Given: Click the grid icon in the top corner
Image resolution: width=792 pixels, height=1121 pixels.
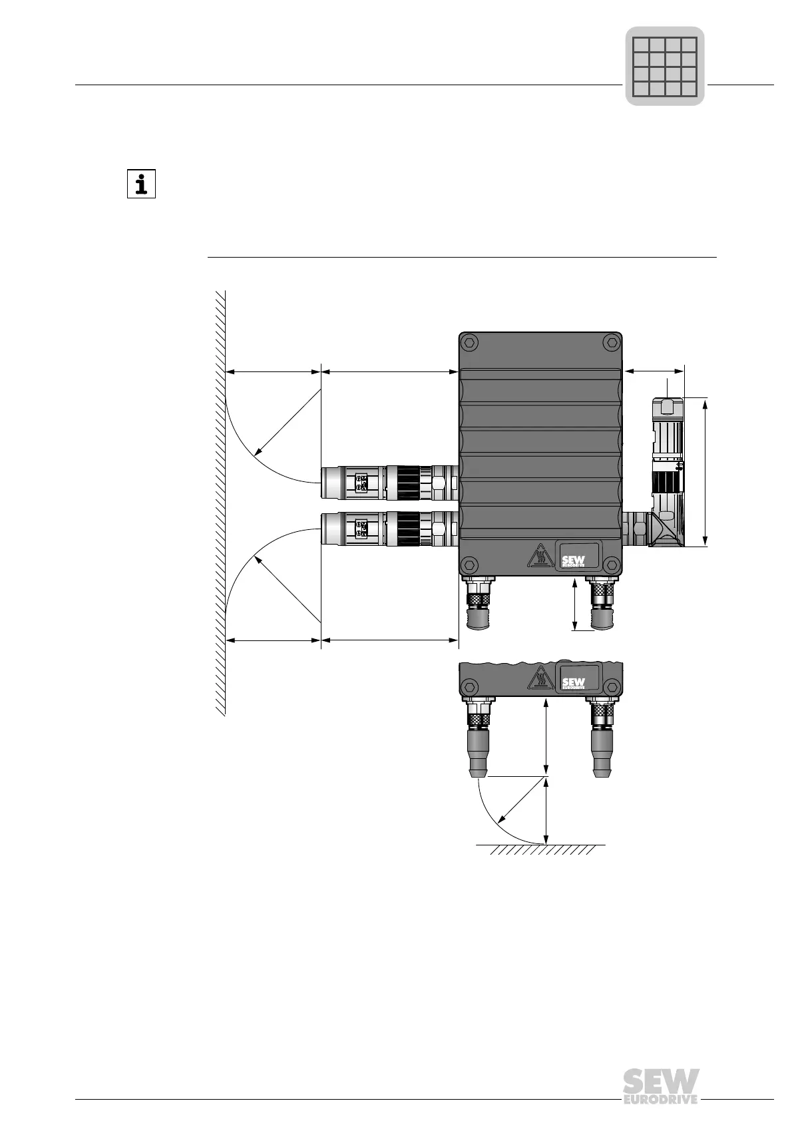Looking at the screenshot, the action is [x=664, y=66].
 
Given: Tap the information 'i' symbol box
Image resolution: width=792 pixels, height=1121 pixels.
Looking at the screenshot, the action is [x=142, y=184].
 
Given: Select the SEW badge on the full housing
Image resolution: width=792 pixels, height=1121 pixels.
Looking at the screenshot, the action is [x=577, y=555].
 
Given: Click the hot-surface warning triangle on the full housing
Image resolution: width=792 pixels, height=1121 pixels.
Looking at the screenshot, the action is [x=538, y=556].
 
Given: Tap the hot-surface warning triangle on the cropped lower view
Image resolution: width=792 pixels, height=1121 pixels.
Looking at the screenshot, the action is [x=538, y=678].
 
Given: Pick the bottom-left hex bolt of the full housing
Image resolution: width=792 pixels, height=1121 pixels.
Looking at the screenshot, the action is [x=470, y=565].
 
